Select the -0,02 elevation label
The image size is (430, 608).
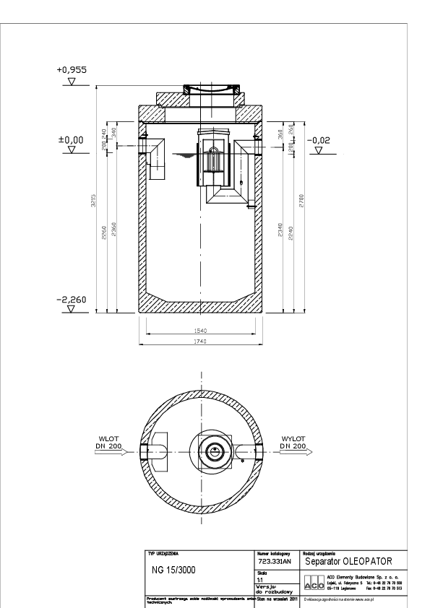click(x=318, y=140)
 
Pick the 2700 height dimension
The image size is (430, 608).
click(x=302, y=195)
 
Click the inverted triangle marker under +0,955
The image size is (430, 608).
click(x=71, y=82)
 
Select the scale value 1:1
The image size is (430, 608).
click(x=260, y=578)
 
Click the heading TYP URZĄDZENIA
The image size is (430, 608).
click(x=163, y=553)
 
